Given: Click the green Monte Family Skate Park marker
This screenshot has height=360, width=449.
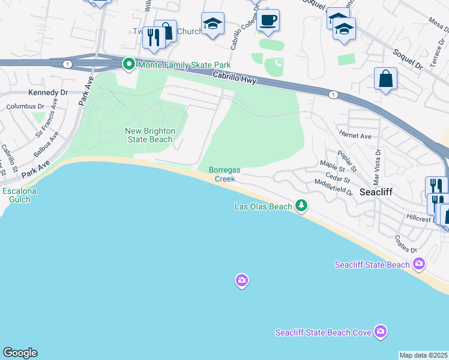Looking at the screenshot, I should click(x=128, y=64).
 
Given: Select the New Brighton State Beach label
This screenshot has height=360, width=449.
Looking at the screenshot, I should click(x=150, y=135).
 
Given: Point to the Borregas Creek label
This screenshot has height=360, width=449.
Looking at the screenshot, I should click(x=224, y=174).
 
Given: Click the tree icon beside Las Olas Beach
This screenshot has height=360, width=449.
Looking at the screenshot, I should click(x=301, y=206).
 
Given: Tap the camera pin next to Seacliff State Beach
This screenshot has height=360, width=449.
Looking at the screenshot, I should click(x=418, y=264).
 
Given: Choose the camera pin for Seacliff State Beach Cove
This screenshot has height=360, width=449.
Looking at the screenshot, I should click(x=380, y=331).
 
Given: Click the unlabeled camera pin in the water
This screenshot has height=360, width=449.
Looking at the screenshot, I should click(x=241, y=280).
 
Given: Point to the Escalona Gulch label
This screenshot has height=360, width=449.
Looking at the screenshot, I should click(x=20, y=195).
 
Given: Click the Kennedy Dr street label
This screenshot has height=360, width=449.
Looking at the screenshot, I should click(x=48, y=93).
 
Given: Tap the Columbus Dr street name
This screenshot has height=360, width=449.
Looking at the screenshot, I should click(x=26, y=107).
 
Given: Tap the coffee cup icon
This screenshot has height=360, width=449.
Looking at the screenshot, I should click(x=268, y=21).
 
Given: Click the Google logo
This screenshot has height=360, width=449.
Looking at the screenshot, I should click(x=20, y=353).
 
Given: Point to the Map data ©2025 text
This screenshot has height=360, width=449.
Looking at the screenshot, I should click(x=424, y=355).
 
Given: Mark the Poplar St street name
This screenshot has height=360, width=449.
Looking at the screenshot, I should click(x=347, y=160).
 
